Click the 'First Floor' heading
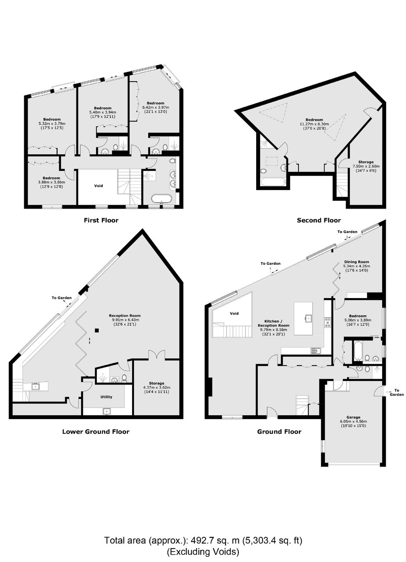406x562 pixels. click(x=101, y=220)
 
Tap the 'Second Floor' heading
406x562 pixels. click(x=319, y=220)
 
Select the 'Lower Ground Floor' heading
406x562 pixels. click(x=95, y=432)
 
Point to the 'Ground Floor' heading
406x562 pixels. click(x=279, y=432)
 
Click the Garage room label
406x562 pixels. click(x=354, y=417)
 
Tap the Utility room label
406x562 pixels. click(x=106, y=397)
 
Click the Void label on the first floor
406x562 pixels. click(x=98, y=186)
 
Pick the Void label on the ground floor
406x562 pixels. click(x=234, y=313)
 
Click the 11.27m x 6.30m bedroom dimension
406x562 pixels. click(x=314, y=124)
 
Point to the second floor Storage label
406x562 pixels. click(x=366, y=162)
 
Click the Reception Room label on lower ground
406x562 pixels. click(x=125, y=315)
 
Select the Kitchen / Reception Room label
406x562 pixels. click(x=273, y=323)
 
